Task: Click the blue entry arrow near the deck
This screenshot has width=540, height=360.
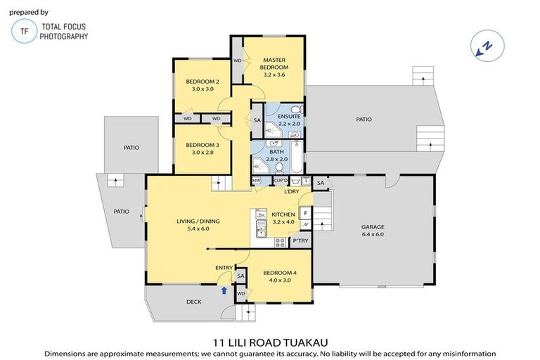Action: click(x=224, y=289)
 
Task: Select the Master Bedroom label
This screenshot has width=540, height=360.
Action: click(x=274, y=63)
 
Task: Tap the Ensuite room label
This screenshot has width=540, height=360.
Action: click(x=289, y=116)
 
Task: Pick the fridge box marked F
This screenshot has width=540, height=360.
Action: click(x=305, y=212)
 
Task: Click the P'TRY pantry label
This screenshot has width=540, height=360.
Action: click(x=300, y=241)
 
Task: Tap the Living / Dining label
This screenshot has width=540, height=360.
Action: click(x=198, y=221)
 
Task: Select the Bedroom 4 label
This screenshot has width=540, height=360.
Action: click(x=277, y=273)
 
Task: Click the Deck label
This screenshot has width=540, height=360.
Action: click(x=194, y=302)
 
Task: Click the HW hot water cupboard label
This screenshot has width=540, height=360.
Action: click(x=257, y=181)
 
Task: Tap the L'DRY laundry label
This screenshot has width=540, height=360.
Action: click(x=292, y=191)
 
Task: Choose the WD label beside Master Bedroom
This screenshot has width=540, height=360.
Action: click(x=238, y=61)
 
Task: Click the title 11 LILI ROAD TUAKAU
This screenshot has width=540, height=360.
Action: click(x=270, y=342)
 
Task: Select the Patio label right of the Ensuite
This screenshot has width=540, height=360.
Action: click(x=364, y=120)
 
